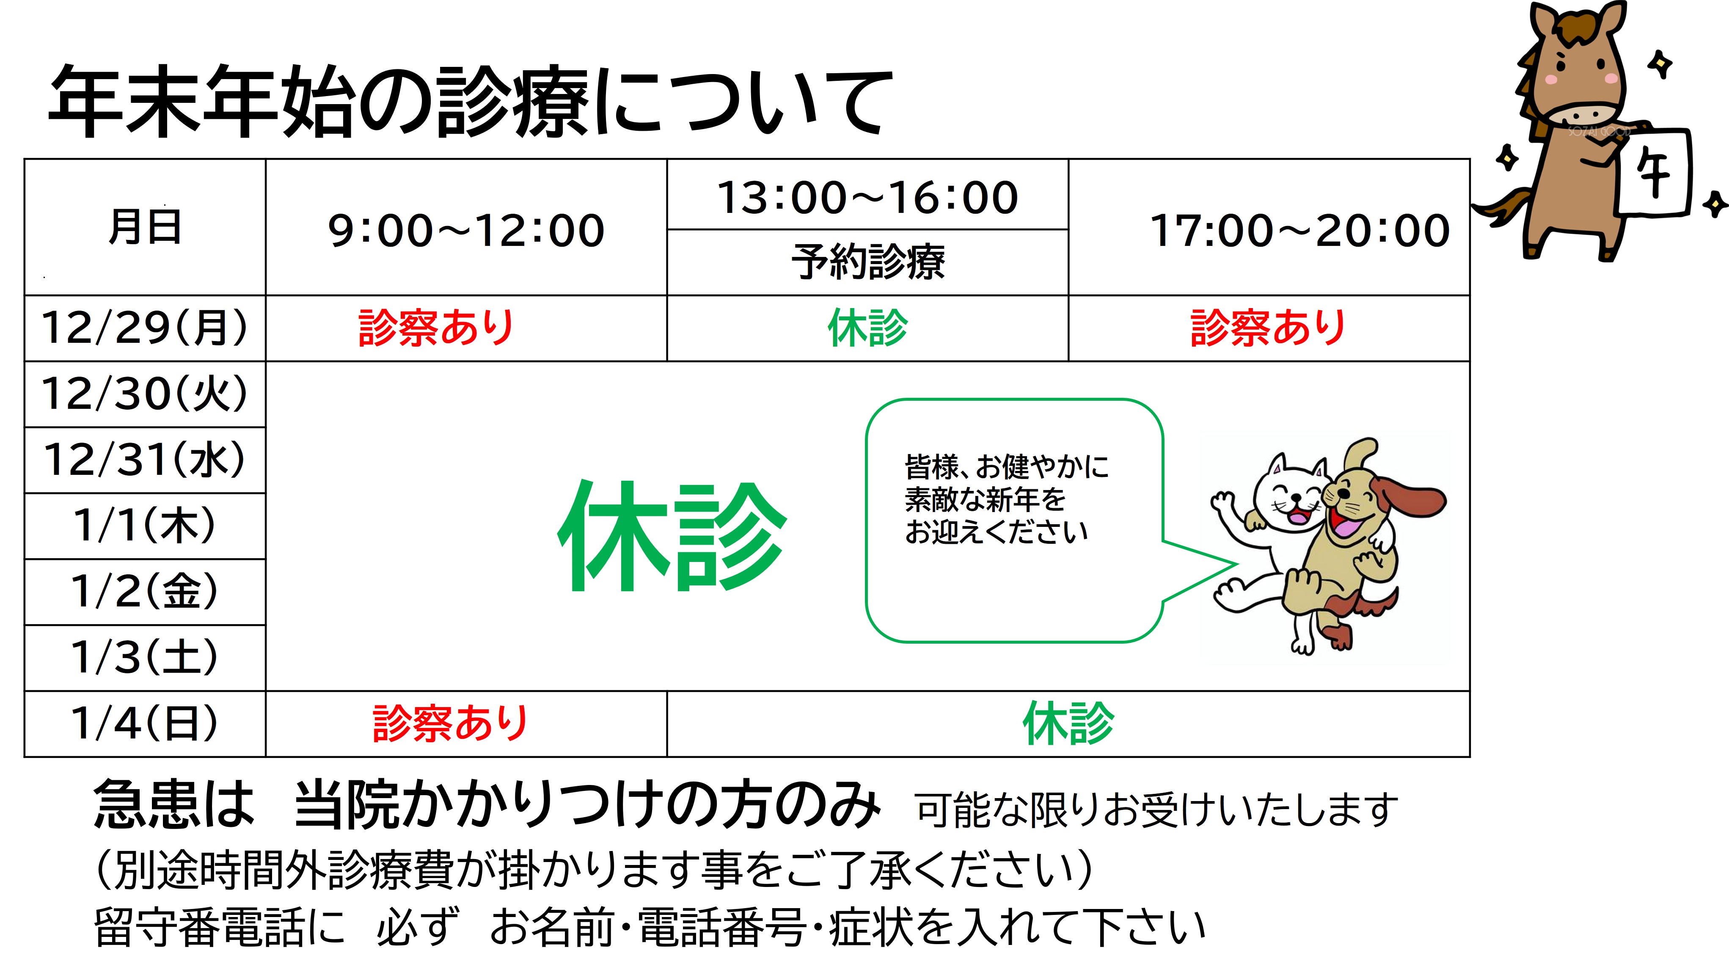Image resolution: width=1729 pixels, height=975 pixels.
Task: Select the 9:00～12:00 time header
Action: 466,230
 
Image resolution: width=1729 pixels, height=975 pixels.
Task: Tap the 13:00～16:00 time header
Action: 867,197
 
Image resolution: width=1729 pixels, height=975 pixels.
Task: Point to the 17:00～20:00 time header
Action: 1300,230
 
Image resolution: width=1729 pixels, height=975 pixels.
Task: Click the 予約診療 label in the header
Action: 868,261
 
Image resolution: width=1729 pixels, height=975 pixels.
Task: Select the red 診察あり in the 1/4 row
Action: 450,723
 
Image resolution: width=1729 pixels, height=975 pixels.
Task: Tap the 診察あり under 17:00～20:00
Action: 1268,328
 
